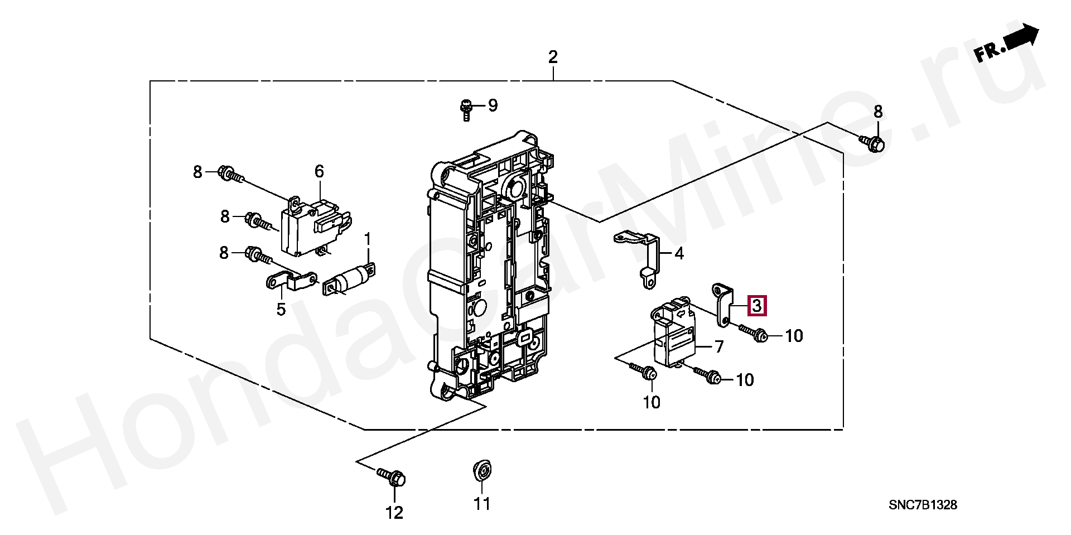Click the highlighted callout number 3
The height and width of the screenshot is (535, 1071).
[x=757, y=306]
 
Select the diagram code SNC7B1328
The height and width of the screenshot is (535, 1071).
[x=923, y=505]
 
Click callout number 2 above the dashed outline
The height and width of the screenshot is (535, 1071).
[x=552, y=57]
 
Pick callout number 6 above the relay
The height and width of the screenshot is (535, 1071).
[x=319, y=171]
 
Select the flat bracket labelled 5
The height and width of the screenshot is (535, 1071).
[x=291, y=281]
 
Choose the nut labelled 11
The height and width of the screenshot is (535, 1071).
[x=481, y=470]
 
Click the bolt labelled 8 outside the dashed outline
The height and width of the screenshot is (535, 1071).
[x=873, y=143]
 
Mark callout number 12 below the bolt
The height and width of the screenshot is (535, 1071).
[x=394, y=513]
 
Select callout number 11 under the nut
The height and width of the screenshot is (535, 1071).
[x=482, y=504]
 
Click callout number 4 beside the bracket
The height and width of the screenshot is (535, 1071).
[x=679, y=254]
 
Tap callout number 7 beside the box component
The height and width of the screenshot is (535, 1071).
[x=719, y=347]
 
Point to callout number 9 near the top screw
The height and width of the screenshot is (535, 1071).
[x=493, y=105]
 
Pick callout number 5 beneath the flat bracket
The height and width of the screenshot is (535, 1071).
[x=281, y=309]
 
